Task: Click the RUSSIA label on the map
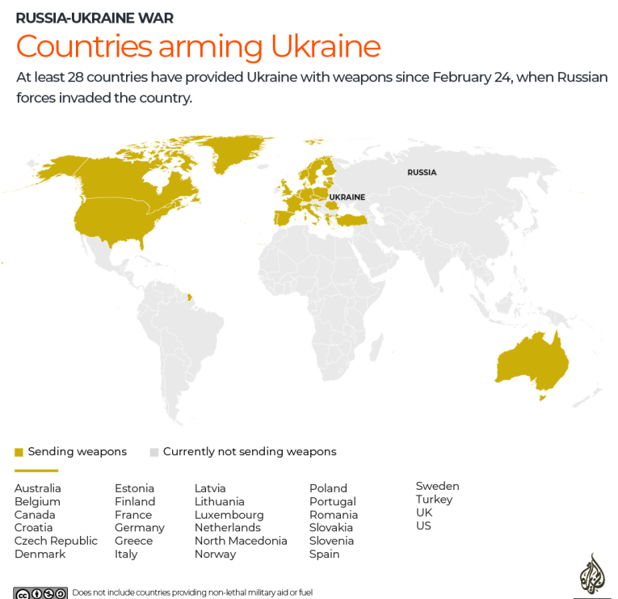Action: [422, 172]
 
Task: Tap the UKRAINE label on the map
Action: [347, 197]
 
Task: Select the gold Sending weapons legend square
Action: [19, 452]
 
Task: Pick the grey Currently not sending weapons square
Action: [154, 452]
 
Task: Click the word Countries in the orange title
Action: [84, 47]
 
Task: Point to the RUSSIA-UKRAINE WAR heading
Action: [95, 18]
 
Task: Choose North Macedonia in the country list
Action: [241, 541]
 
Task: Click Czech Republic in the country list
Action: [56, 541]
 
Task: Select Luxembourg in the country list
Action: [229, 515]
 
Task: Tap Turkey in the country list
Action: [434, 500]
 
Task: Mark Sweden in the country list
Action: [437, 486]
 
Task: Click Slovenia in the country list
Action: [331, 541]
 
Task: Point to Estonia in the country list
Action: [134, 488]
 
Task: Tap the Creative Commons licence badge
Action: [40, 593]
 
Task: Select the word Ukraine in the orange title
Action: [325, 47]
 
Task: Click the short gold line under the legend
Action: [36, 470]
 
